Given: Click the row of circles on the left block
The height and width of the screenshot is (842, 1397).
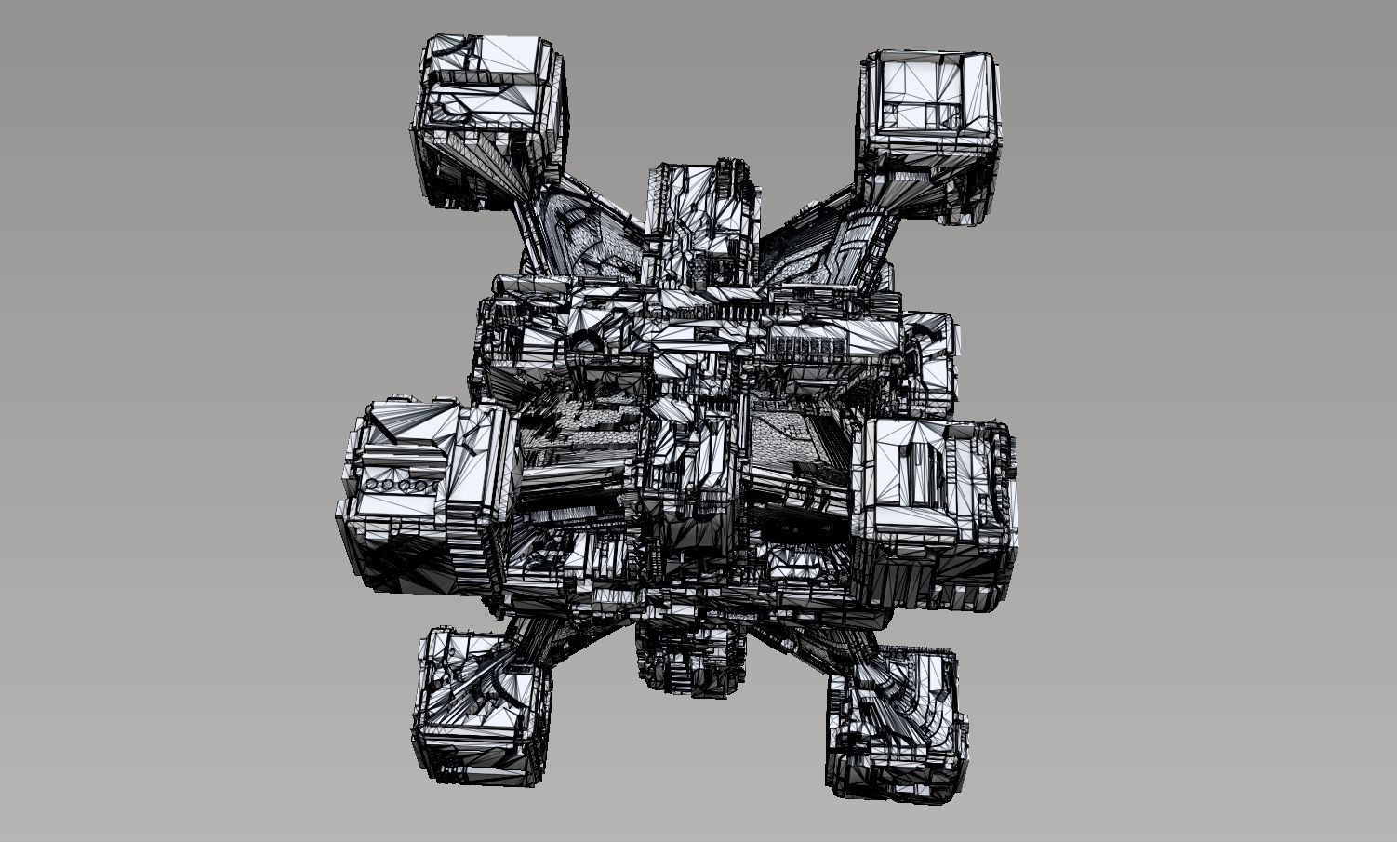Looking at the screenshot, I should pos(402,486).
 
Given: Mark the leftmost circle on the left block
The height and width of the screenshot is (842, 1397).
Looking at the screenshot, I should pos(374,486).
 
